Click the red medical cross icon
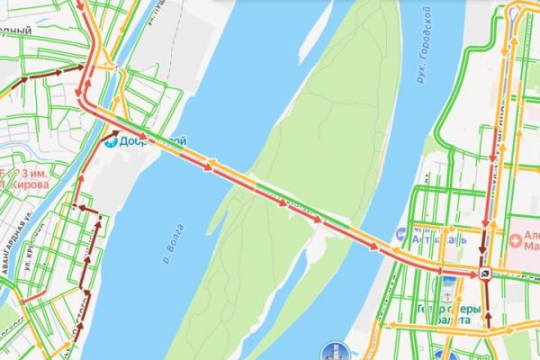pyautogui.click(x=517, y=240)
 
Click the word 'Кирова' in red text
pyautogui.click(x=28, y=184)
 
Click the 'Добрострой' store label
pyautogui.click(x=153, y=142)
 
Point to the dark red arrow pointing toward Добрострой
pyautogui.click(x=112, y=134)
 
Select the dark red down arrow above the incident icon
pyautogui.click(x=483, y=245)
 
